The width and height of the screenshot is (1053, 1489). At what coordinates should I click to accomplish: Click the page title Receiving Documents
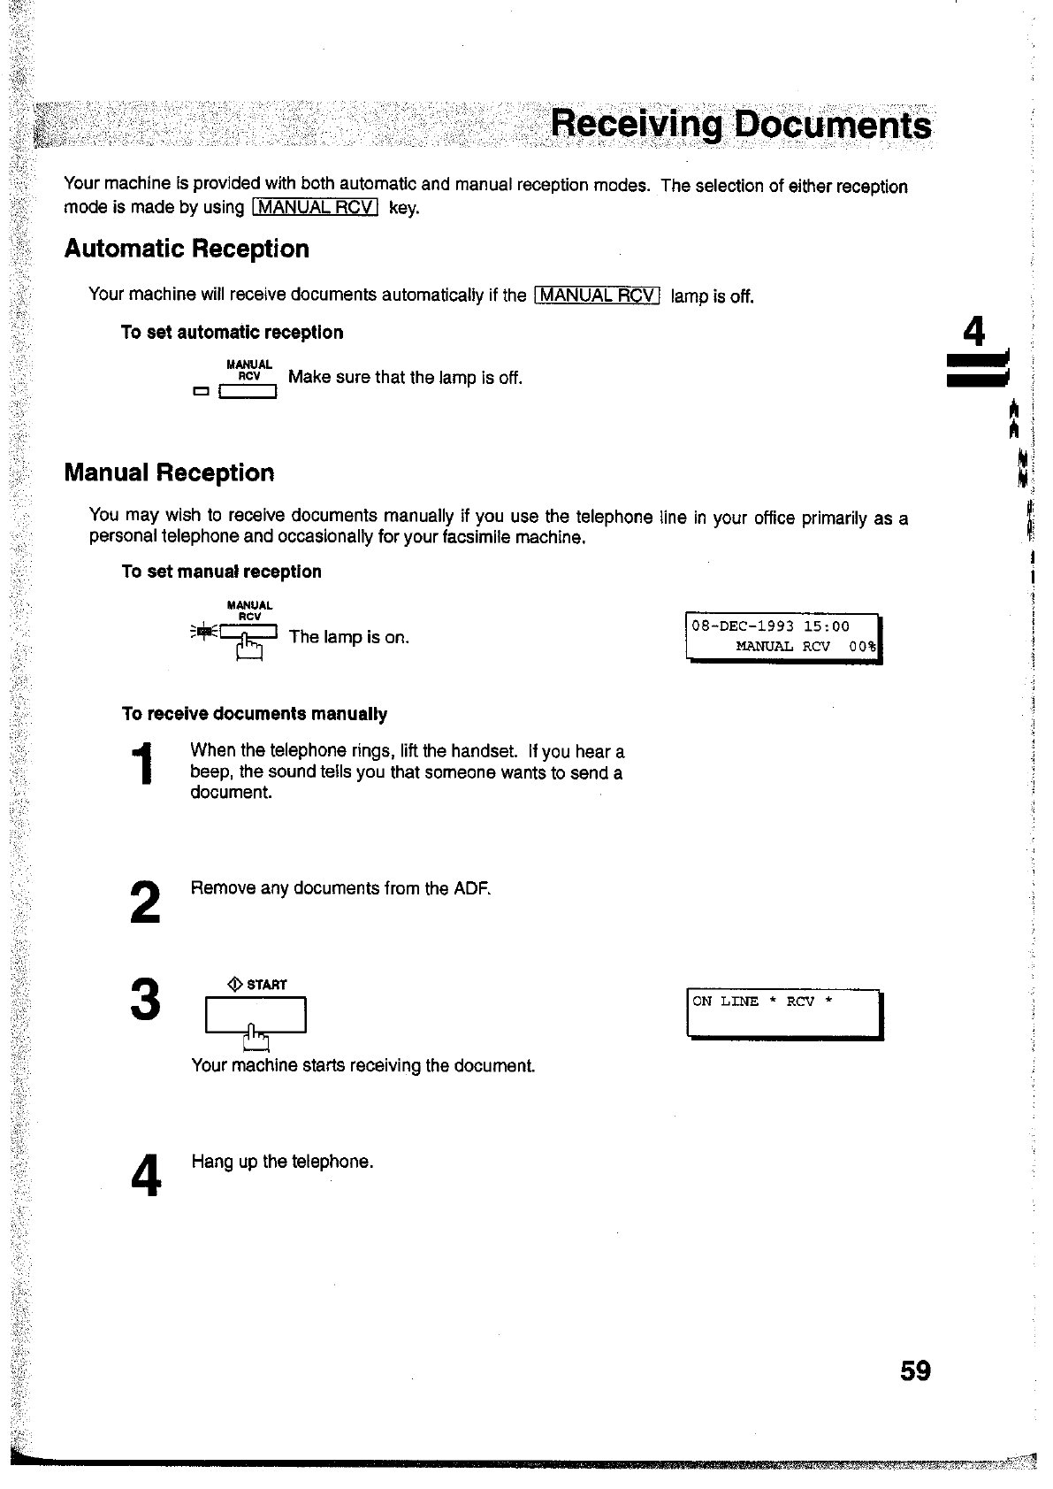(x=740, y=126)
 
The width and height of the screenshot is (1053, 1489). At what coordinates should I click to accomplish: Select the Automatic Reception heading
(x=187, y=249)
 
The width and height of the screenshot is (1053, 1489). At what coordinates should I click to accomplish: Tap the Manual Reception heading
(x=169, y=472)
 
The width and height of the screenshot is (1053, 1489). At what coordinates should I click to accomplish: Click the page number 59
(x=915, y=1370)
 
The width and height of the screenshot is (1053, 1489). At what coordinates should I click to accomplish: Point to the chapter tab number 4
(x=973, y=333)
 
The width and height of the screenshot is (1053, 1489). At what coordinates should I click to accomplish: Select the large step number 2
(x=145, y=902)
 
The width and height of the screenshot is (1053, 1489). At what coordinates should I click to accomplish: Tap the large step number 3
(x=145, y=999)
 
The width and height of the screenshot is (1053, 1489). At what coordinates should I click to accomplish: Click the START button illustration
(x=255, y=1015)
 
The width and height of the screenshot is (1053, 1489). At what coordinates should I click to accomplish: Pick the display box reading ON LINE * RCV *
(x=783, y=1013)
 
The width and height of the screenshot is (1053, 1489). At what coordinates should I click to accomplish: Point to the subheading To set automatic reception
(x=232, y=333)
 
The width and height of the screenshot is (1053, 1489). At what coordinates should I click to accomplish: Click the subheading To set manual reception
(x=221, y=572)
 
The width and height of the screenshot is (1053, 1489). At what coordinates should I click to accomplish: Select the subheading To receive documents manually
(x=254, y=714)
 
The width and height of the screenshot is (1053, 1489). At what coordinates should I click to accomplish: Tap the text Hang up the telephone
(x=282, y=1161)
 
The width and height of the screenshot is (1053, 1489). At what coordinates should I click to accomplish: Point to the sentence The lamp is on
(x=348, y=637)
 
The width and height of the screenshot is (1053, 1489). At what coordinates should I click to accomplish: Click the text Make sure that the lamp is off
(x=405, y=378)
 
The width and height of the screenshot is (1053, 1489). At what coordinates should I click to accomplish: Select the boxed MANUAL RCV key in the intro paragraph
(x=316, y=208)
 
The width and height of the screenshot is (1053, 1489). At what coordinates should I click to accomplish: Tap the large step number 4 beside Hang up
(x=146, y=1176)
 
